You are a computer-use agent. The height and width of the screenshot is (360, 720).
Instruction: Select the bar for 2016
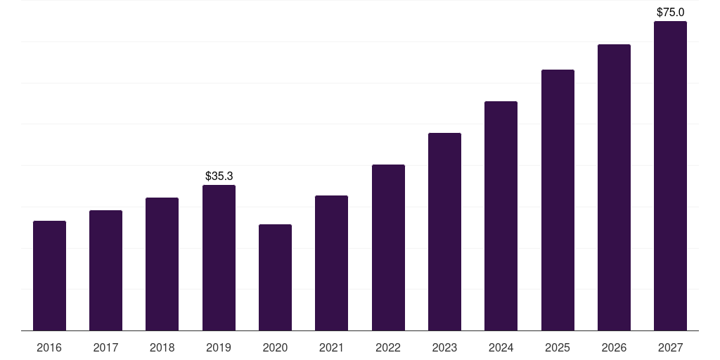click(50, 276)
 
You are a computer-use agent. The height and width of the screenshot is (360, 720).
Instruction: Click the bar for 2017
click(105, 271)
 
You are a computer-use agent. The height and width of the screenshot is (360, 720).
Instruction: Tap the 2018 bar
click(162, 264)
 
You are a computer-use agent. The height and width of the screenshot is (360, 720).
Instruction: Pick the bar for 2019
click(219, 257)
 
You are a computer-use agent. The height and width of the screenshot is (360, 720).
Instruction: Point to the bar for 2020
click(275, 277)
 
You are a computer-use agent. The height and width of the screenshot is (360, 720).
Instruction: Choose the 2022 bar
click(388, 247)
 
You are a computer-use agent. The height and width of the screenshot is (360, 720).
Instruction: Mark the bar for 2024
click(501, 216)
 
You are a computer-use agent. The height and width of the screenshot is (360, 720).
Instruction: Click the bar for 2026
click(614, 187)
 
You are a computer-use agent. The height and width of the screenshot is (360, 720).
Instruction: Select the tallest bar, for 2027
click(670, 176)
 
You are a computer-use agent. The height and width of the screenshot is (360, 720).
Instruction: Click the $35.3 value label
click(219, 176)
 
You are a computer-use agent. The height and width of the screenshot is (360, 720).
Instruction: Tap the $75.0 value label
click(670, 12)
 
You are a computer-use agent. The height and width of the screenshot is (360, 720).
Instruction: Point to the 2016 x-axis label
click(49, 347)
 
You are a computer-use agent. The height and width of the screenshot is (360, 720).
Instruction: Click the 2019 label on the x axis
click(219, 347)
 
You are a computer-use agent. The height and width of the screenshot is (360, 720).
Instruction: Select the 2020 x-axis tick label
click(275, 347)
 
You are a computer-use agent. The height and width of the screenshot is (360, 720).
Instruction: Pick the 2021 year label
click(332, 347)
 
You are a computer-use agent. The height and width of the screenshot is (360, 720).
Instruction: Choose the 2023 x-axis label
click(444, 347)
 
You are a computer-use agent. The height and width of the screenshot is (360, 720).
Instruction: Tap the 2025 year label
click(558, 347)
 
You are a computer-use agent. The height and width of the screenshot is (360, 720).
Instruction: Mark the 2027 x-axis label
click(670, 347)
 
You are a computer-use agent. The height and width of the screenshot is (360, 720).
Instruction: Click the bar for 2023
click(444, 232)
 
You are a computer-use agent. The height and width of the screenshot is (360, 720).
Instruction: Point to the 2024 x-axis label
click(501, 347)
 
